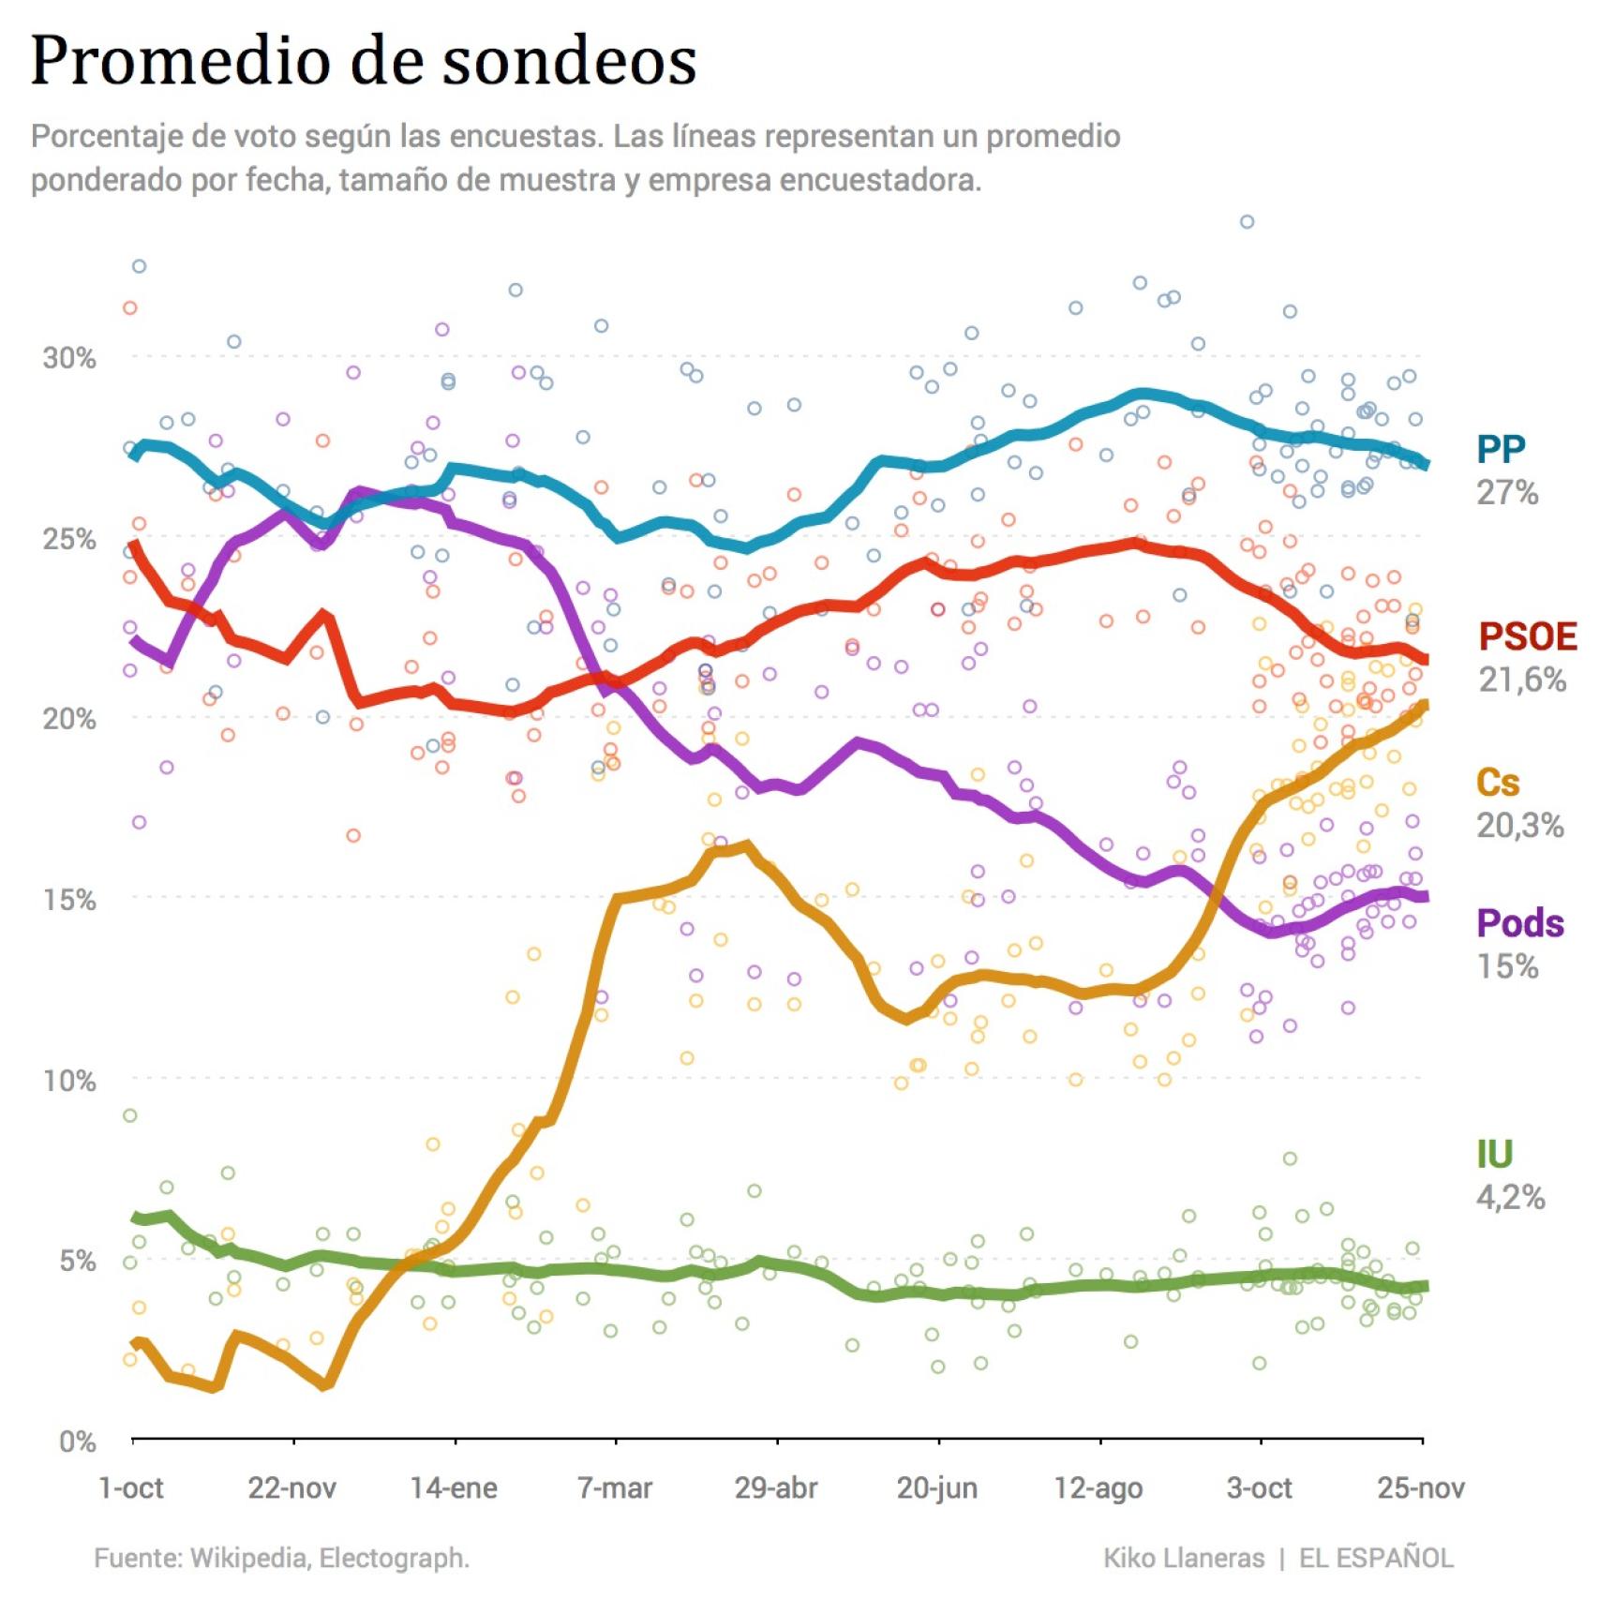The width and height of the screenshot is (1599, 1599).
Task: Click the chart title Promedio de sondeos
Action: click(x=364, y=60)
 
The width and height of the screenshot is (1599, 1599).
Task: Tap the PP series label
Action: click(x=1502, y=449)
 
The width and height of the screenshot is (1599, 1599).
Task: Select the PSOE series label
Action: click(x=1527, y=636)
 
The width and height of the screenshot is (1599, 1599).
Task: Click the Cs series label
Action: click(x=1497, y=782)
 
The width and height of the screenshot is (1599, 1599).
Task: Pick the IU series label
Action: click(x=1494, y=1154)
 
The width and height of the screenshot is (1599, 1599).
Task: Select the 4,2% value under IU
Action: click(x=1510, y=1197)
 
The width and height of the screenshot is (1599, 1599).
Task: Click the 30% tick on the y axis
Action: click(x=69, y=357)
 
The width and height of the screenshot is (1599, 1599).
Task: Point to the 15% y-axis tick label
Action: click(x=69, y=899)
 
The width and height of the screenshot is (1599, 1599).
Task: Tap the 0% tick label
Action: click(x=77, y=1441)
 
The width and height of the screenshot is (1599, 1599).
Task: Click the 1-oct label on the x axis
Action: click(x=131, y=1488)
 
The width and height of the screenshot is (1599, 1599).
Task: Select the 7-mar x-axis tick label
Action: click(x=615, y=1488)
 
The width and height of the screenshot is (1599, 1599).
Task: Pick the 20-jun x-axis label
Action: click(x=937, y=1488)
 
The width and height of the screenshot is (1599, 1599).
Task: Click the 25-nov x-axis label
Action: click(x=1420, y=1488)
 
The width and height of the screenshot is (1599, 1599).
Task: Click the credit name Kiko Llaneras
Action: click(x=1184, y=1558)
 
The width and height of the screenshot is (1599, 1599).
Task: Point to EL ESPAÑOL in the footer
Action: click(x=1376, y=1558)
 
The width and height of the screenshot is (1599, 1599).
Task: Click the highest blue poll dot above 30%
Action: click(x=1247, y=222)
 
